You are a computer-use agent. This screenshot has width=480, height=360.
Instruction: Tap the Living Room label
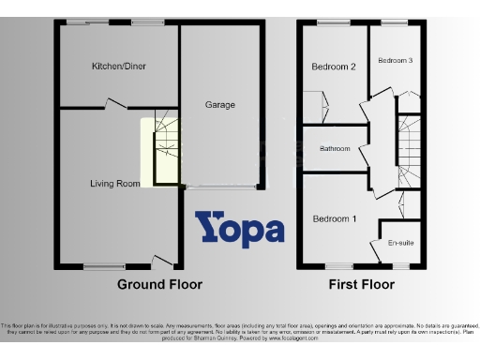(115, 184)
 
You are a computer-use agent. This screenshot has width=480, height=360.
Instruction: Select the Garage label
(220, 105)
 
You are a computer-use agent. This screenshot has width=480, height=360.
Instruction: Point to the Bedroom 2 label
(333, 67)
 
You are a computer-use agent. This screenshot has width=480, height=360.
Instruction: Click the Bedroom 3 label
(395, 60)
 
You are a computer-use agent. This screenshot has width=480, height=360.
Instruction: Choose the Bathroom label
(335, 149)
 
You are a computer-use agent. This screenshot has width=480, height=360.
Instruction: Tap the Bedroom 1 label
(334, 219)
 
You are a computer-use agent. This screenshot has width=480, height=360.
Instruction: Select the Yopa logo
(239, 230)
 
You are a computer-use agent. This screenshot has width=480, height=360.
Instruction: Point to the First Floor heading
(362, 284)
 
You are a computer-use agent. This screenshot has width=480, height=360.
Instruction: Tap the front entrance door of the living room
(162, 261)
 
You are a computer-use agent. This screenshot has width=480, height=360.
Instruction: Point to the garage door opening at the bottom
(222, 187)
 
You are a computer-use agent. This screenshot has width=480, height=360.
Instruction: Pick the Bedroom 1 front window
(335, 266)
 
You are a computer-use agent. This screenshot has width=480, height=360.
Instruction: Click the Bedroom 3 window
(395, 22)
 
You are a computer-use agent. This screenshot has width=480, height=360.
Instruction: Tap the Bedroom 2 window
(331, 22)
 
